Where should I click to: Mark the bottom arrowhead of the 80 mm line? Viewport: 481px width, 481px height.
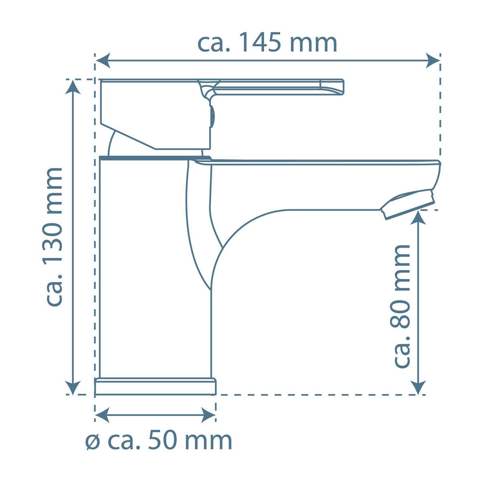(x=418, y=388)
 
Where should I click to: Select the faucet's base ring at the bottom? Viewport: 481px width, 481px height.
(x=155, y=386)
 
